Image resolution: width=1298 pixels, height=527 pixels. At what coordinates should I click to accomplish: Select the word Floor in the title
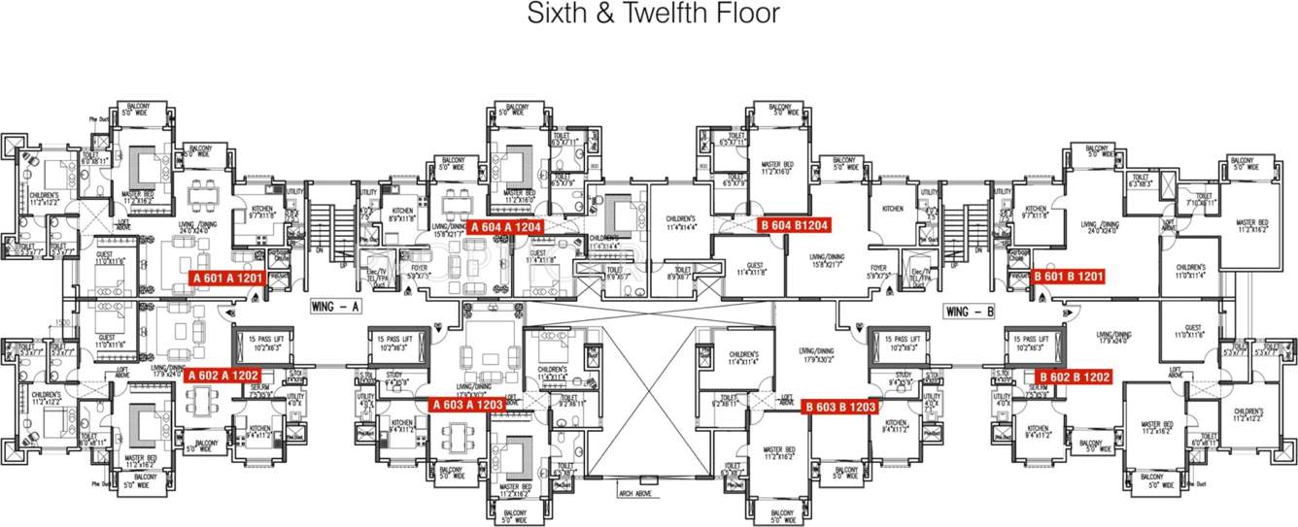(x=751, y=15)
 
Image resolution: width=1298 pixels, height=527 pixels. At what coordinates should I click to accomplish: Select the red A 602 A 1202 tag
(x=225, y=376)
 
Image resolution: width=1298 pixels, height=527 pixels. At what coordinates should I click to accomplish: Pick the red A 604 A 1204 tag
(x=504, y=227)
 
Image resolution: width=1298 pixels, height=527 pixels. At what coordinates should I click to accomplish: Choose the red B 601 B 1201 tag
(x=1069, y=277)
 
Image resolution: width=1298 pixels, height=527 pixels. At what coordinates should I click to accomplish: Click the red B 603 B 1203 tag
(x=840, y=407)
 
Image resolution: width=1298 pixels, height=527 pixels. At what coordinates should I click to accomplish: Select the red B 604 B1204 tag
(x=794, y=225)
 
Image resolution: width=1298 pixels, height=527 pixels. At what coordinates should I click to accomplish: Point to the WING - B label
(x=969, y=312)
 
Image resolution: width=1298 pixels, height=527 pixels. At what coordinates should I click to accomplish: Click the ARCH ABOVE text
(x=635, y=492)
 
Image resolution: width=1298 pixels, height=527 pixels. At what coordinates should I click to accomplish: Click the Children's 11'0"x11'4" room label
(x=1190, y=271)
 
